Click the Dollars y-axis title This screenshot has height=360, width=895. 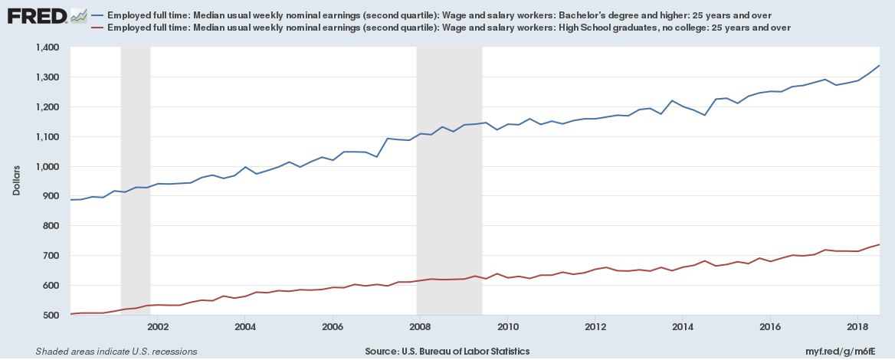pyautogui.click(x=17, y=181)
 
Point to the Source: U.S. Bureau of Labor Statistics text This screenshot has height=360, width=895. pyautogui.click(x=447, y=352)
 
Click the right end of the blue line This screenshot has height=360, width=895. pyautogui.click(x=879, y=65)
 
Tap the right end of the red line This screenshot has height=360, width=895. pyautogui.click(x=879, y=244)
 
